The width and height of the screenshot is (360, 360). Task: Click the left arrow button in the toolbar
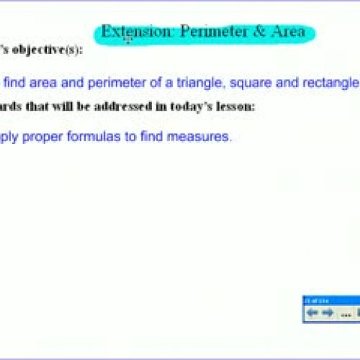coord(312,312)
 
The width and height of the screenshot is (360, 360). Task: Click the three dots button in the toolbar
coord(345,312)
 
